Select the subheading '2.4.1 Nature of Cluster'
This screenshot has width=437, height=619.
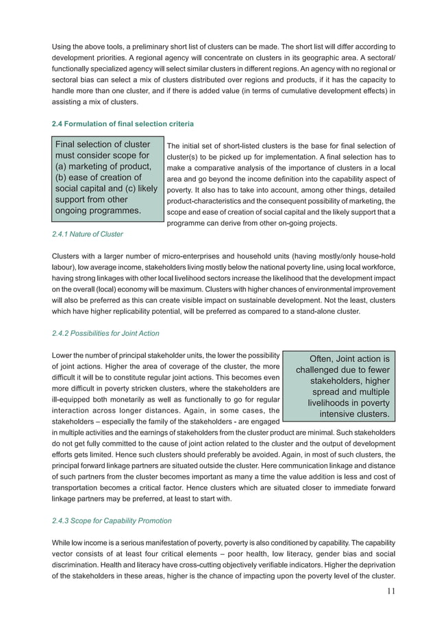[88, 234]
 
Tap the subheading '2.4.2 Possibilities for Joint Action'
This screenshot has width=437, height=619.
[105, 333]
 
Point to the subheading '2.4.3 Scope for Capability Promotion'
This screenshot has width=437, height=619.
[112, 520]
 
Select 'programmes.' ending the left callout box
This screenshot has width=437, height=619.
[112, 210]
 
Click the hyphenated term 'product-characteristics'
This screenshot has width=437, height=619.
[205, 201]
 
